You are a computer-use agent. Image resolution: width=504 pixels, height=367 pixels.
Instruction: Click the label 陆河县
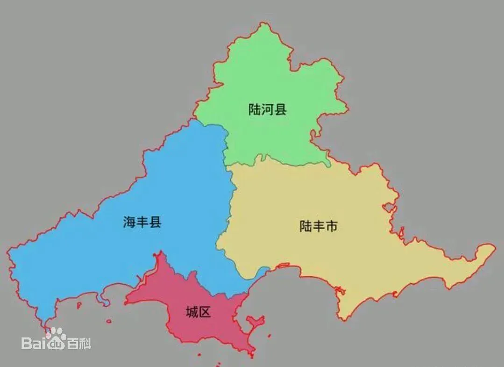[267, 110]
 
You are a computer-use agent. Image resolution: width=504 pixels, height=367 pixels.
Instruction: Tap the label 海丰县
[142, 222]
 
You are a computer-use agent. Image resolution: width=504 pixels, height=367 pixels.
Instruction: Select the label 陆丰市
[318, 227]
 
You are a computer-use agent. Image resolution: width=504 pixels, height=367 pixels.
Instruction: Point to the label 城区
[198, 312]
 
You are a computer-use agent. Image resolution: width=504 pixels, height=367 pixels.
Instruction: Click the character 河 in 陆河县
[267, 110]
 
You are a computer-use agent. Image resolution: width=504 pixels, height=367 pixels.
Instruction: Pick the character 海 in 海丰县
[129, 222]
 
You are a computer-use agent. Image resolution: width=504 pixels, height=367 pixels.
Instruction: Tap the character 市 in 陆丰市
[331, 227]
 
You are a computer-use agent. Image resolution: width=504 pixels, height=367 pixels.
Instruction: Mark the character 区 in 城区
[205, 312]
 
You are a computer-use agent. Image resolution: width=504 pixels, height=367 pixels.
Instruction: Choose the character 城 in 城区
[192, 312]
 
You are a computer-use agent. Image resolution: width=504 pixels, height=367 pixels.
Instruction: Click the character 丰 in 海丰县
[142, 222]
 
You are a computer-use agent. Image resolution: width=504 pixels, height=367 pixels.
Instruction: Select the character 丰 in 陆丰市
[318, 227]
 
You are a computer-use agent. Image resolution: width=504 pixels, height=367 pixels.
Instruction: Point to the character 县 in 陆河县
[280, 110]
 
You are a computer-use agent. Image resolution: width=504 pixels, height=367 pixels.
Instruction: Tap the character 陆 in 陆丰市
[305, 227]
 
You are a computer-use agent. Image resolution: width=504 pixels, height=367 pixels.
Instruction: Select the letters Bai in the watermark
[35, 344]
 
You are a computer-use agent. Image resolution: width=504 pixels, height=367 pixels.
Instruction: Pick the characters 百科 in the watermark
[79, 344]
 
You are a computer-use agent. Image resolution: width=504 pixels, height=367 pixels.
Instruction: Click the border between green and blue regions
[226, 140]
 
